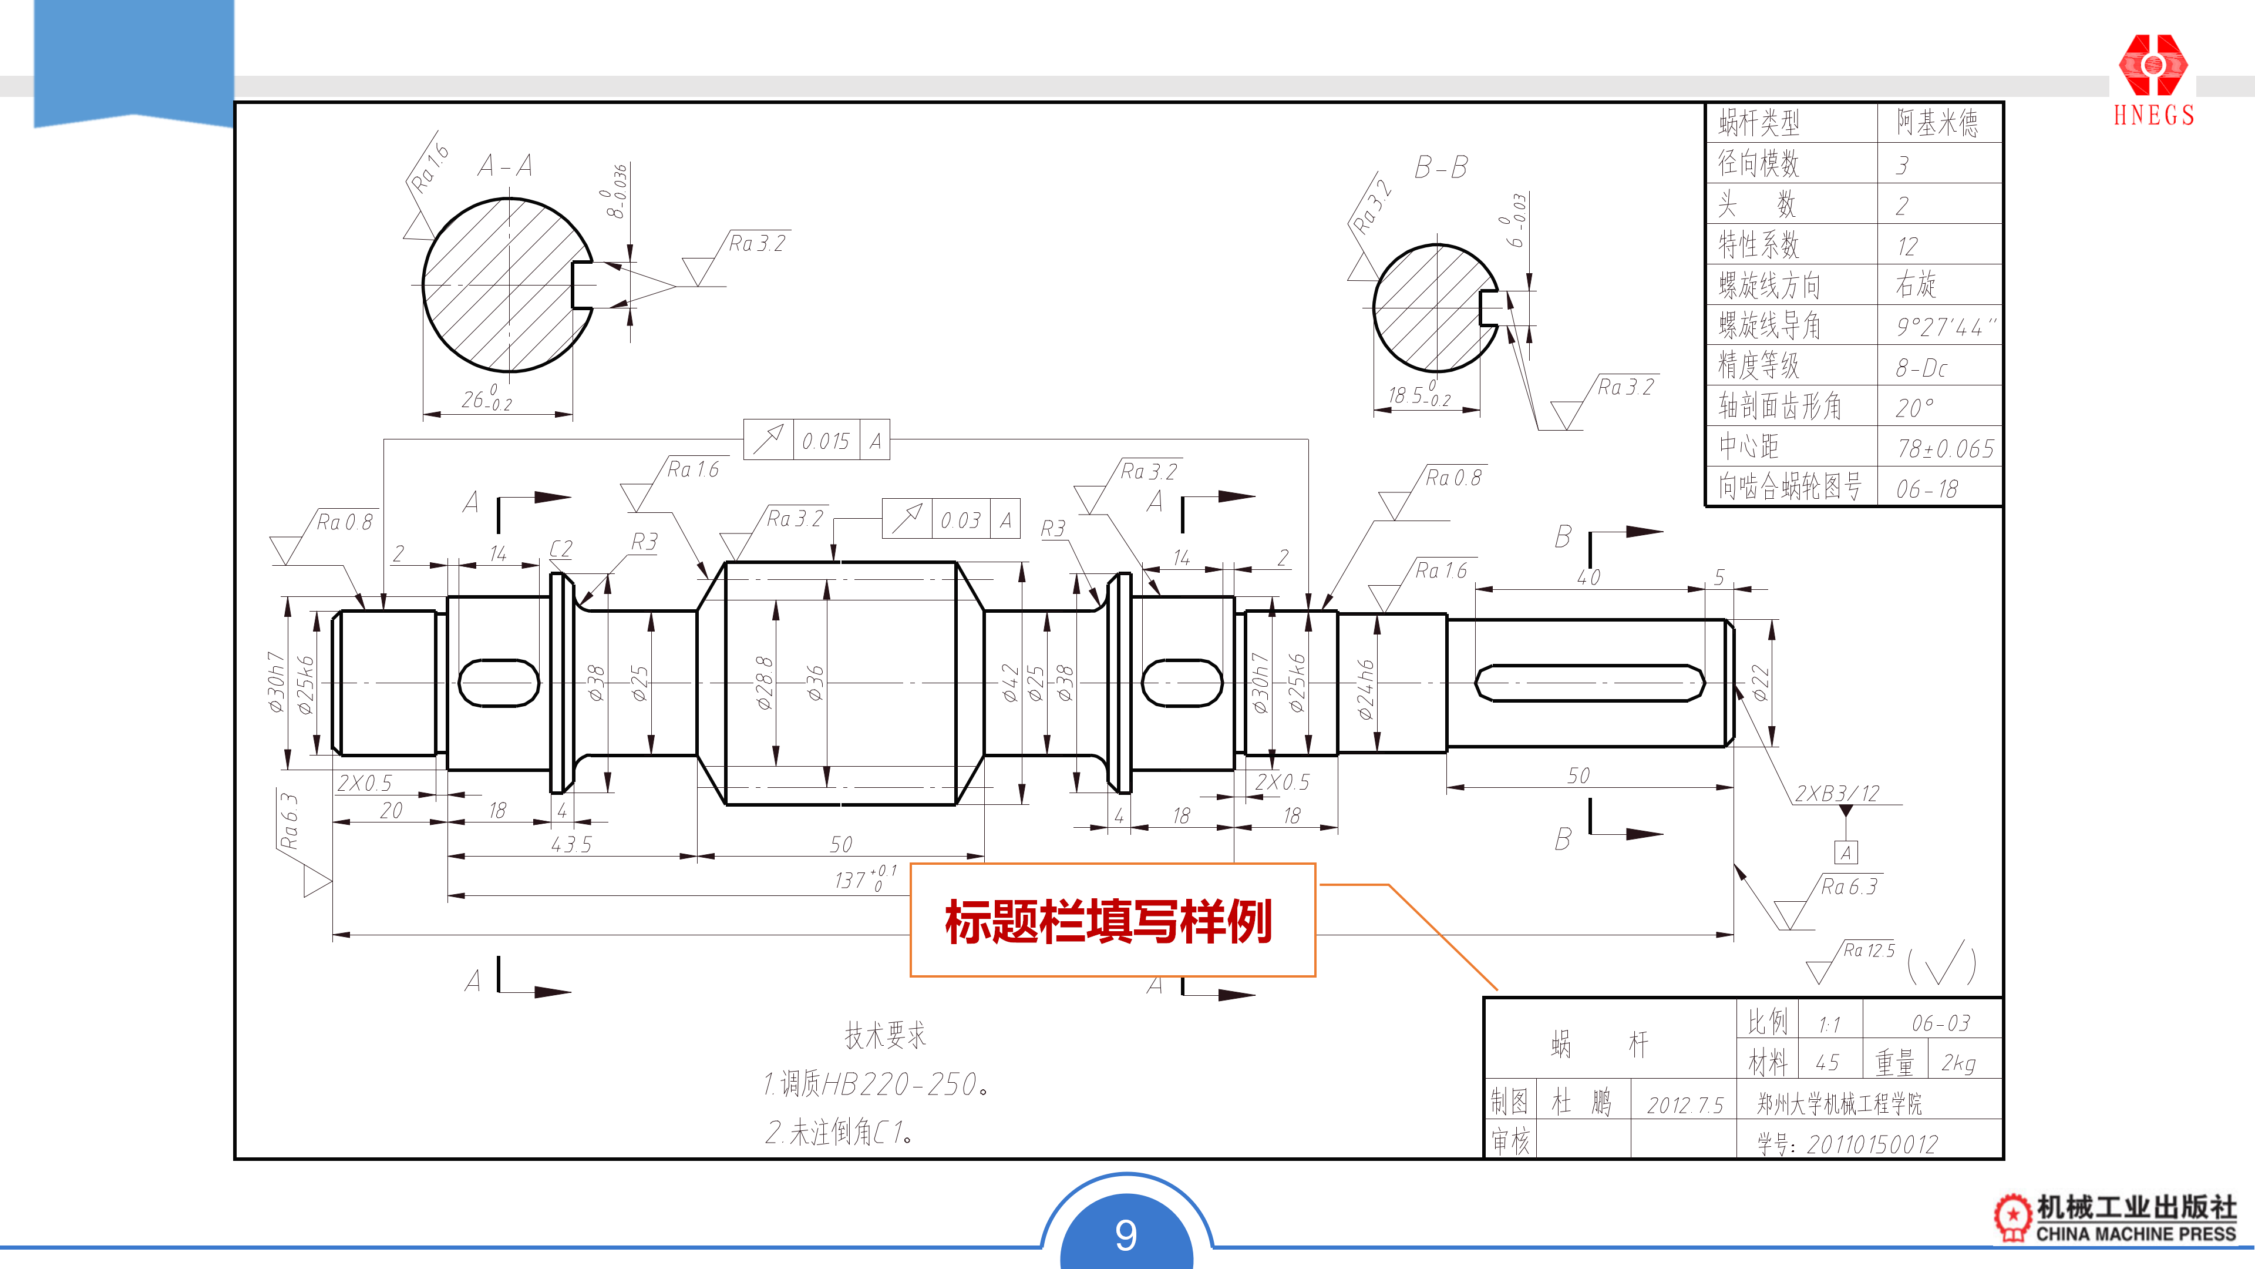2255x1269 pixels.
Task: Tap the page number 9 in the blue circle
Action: pos(1126,1235)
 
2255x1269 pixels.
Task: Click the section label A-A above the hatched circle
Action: pos(505,166)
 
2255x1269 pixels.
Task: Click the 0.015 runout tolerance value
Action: pos(826,441)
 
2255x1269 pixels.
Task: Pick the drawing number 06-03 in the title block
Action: pos(1940,1023)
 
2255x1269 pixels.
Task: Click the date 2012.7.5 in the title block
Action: pos(1684,1105)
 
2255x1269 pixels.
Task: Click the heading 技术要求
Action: pos(884,1035)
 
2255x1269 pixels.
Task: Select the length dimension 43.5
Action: pos(571,844)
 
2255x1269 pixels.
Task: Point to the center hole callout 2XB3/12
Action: pos(1836,794)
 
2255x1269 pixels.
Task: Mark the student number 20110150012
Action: pos(1872,1144)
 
